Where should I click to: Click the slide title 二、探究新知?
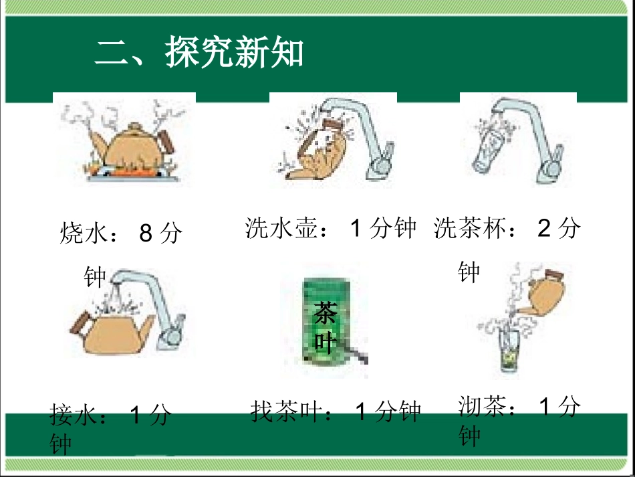[x=199, y=52]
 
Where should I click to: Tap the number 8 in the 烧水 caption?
[x=146, y=233]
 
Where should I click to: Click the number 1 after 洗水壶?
[x=356, y=229]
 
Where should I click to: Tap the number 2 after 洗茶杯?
[x=544, y=229]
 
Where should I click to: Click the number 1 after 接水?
[x=136, y=415]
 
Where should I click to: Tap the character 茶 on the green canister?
[x=326, y=312]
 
